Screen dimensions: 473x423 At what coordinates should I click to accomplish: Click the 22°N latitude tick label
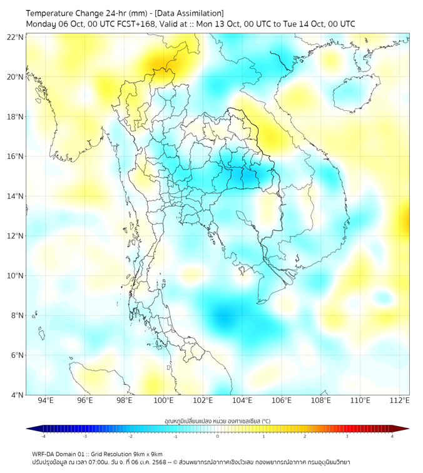pyautogui.click(x=15, y=37)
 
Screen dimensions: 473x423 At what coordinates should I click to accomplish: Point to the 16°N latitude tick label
pyautogui.click(x=15, y=156)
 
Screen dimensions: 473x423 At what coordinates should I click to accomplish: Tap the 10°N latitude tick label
pyautogui.click(x=15, y=276)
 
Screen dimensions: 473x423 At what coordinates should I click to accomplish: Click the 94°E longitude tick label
pyautogui.click(x=46, y=401)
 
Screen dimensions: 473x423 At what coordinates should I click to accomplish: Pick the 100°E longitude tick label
pyautogui.click(x=163, y=401)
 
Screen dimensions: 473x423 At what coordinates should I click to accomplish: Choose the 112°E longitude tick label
pyautogui.click(x=399, y=401)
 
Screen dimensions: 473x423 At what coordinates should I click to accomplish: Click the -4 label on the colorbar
pyautogui.click(x=43, y=436)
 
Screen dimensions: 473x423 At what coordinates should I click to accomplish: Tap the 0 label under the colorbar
pyautogui.click(x=218, y=436)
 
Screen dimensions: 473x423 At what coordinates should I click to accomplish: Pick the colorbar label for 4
pyautogui.click(x=392, y=436)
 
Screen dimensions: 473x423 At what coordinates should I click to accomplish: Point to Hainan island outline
pyautogui.click(x=351, y=93)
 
